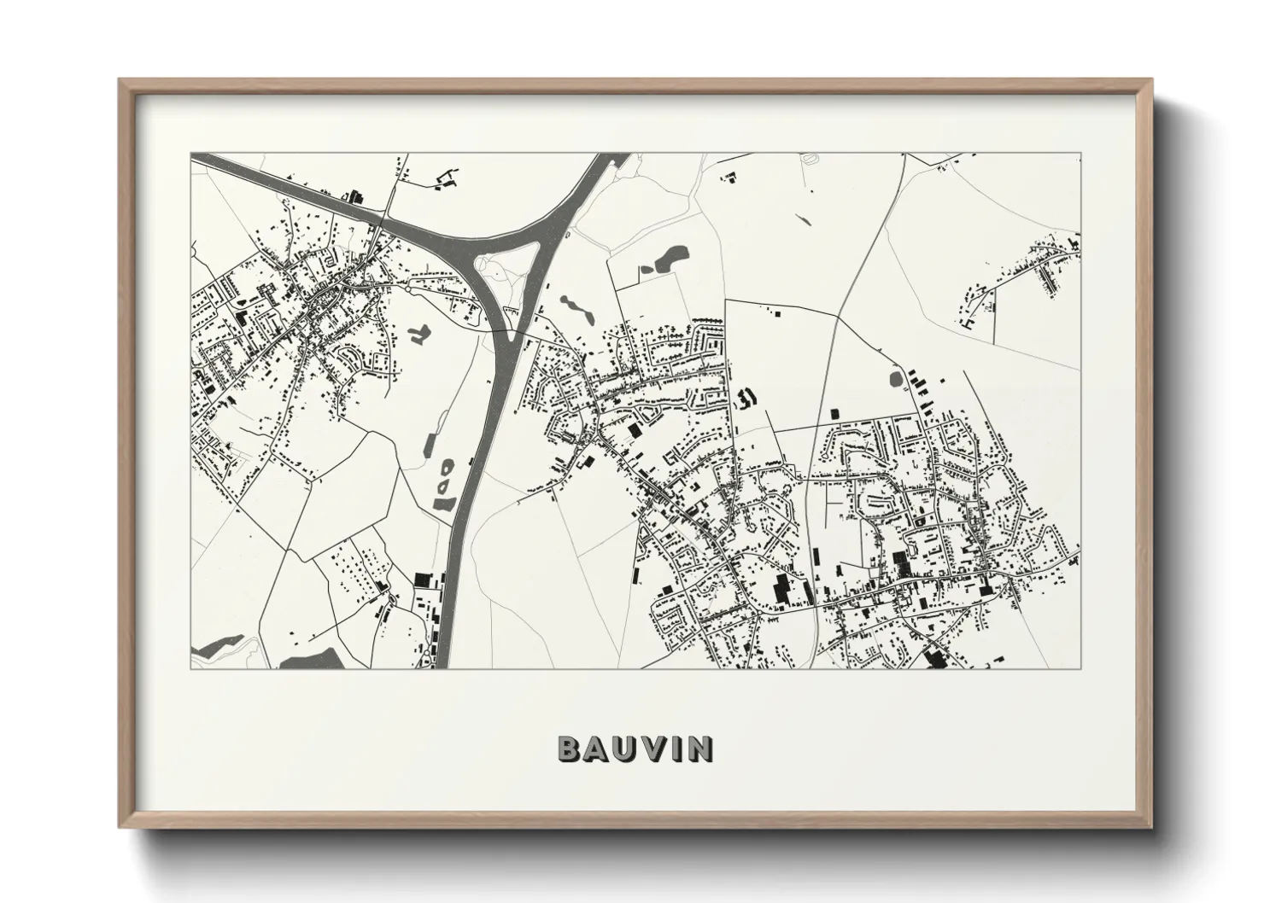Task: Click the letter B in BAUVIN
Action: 570,749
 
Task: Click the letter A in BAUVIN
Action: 595,749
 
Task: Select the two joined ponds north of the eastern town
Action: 665,258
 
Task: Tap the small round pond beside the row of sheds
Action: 895,378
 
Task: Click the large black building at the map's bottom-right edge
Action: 933,660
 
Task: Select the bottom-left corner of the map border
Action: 190,668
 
